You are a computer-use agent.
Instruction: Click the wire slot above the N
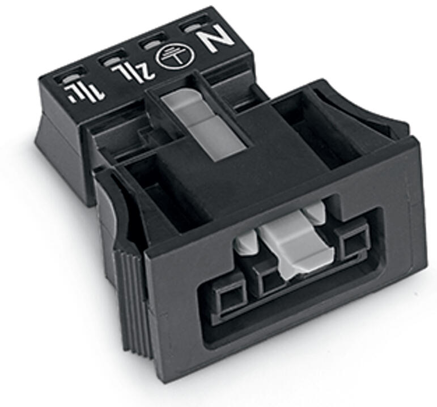click(x=193, y=28)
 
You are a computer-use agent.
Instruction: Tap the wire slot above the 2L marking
click(x=113, y=60)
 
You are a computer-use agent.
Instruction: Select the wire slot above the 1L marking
click(x=71, y=78)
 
